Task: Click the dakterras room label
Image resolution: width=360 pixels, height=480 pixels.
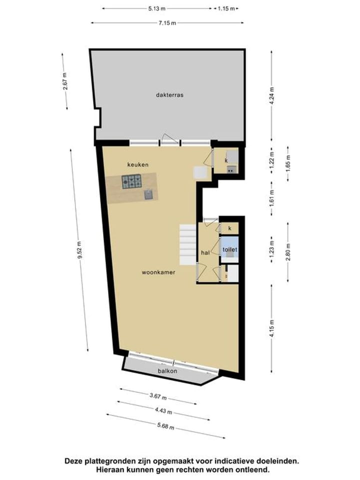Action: (169, 94)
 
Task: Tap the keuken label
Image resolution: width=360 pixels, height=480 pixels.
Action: (137, 164)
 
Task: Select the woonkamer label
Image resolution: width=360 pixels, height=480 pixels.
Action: (158, 272)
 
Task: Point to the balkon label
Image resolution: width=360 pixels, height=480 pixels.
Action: (168, 371)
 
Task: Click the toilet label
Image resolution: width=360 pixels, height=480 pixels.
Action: (230, 249)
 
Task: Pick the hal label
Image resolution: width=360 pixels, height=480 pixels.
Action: (205, 253)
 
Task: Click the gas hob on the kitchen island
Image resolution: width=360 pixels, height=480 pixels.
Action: (132, 181)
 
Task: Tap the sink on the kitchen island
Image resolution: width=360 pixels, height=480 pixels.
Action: (148, 194)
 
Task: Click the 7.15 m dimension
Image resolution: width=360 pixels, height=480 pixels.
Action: (167, 22)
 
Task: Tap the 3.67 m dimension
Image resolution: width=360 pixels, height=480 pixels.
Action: (158, 397)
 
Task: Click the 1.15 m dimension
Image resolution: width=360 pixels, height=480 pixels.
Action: (226, 8)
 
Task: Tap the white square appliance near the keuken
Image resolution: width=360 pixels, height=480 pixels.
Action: (199, 172)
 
